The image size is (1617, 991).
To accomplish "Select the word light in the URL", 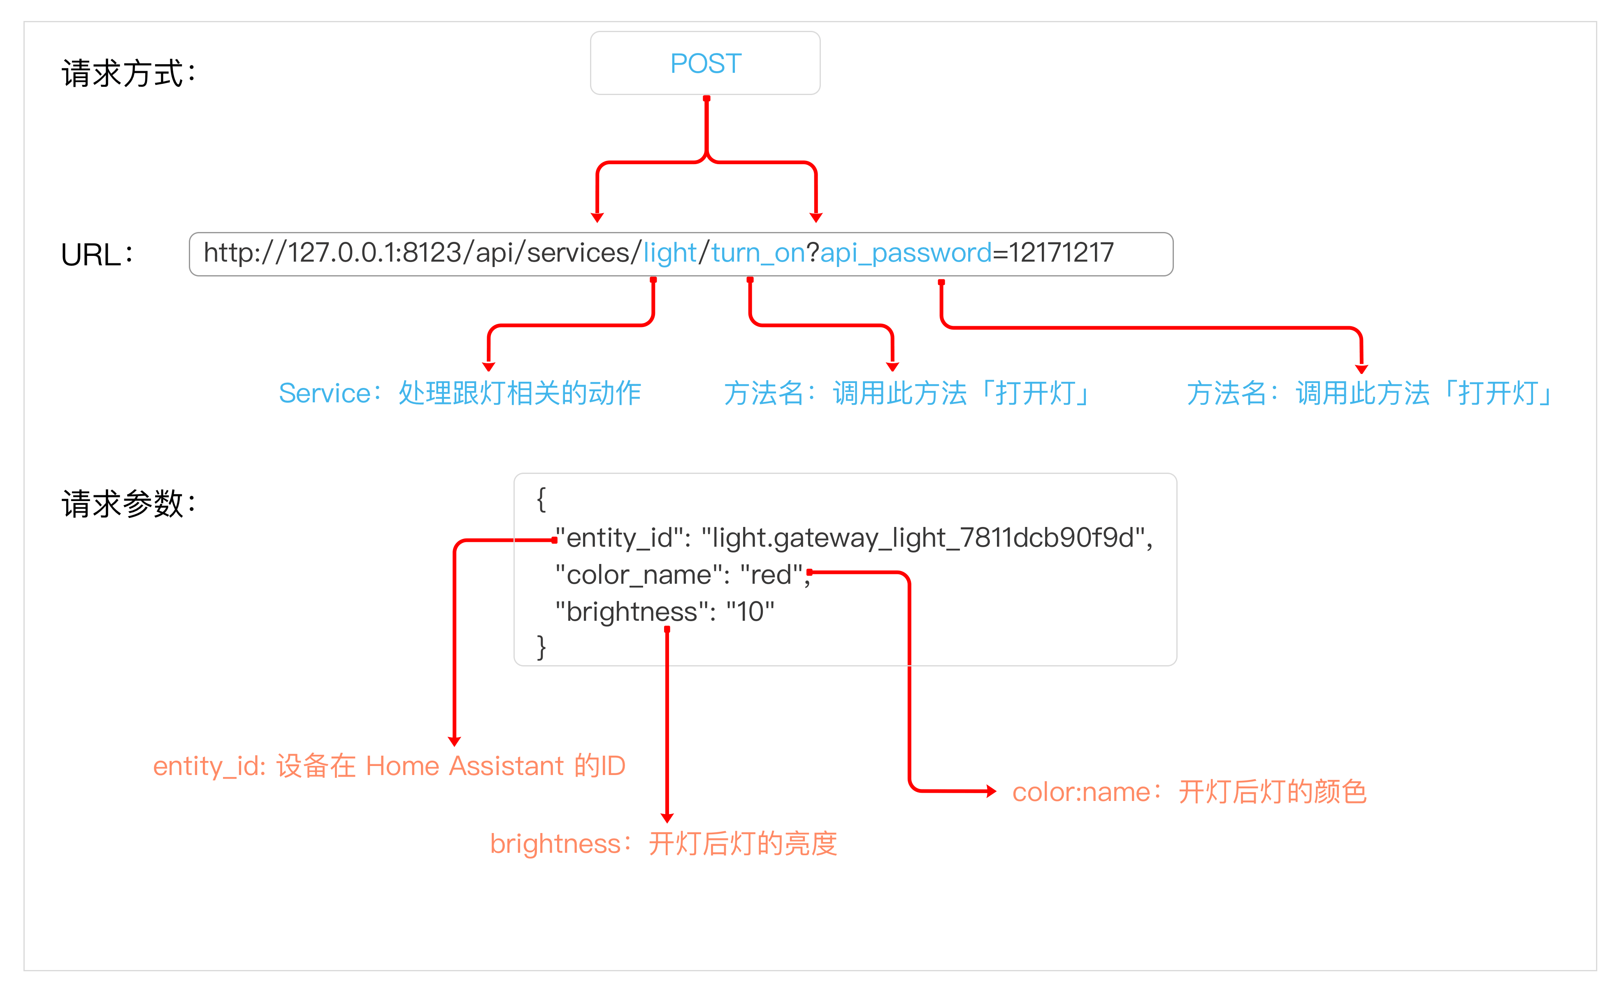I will coord(669,253).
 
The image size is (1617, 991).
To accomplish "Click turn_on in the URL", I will coord(758,253).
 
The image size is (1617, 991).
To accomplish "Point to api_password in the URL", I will coord(906,253).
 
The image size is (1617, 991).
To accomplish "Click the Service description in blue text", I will coord(459,393).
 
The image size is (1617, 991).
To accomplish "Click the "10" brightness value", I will coord(750,612).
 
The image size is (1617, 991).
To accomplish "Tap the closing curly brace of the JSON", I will coord(541,647).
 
